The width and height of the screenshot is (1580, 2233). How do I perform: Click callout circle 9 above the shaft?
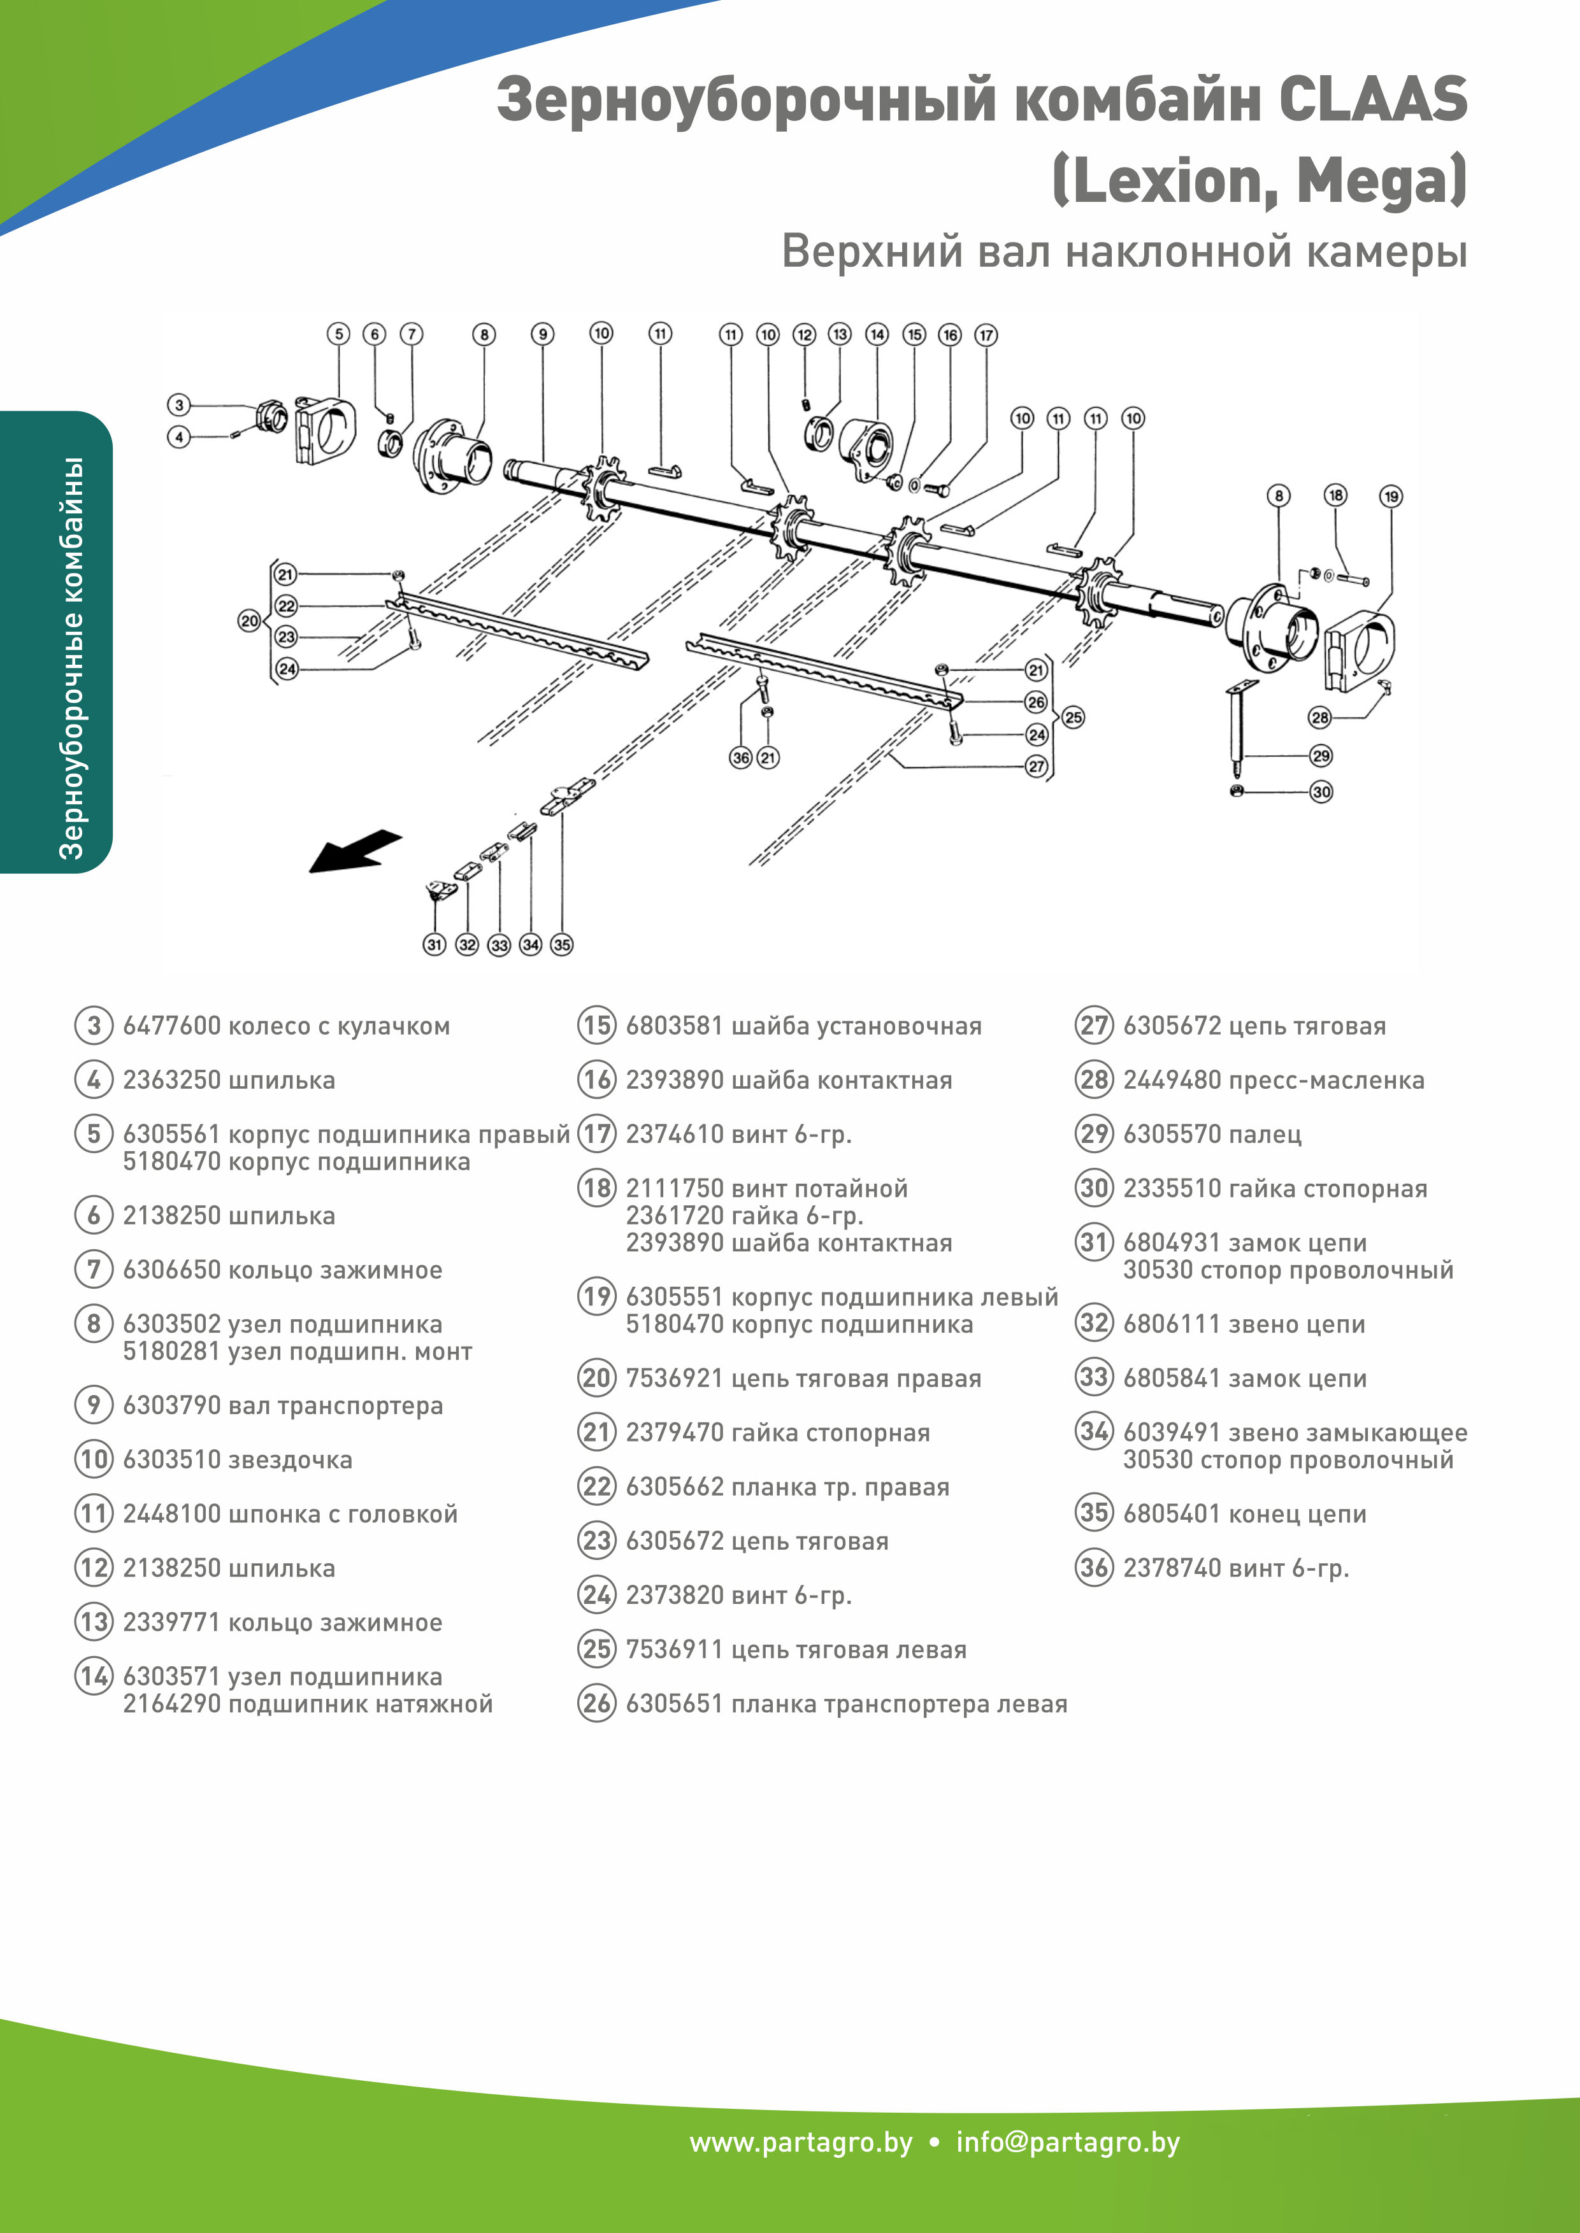(543, 334)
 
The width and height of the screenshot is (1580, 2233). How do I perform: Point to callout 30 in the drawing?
(1320, 791)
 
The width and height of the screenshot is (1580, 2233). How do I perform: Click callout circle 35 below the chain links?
(561, 944)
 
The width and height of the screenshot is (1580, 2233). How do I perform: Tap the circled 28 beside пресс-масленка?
(1093, 1079)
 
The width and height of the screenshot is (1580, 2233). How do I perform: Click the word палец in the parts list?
(1265, 1134)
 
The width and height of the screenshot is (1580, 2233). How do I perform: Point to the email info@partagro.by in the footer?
(1067, 2143)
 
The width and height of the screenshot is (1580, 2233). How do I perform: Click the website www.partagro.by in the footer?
(801, 2143)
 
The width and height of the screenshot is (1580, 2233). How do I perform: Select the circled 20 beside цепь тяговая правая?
(596, 1378)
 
